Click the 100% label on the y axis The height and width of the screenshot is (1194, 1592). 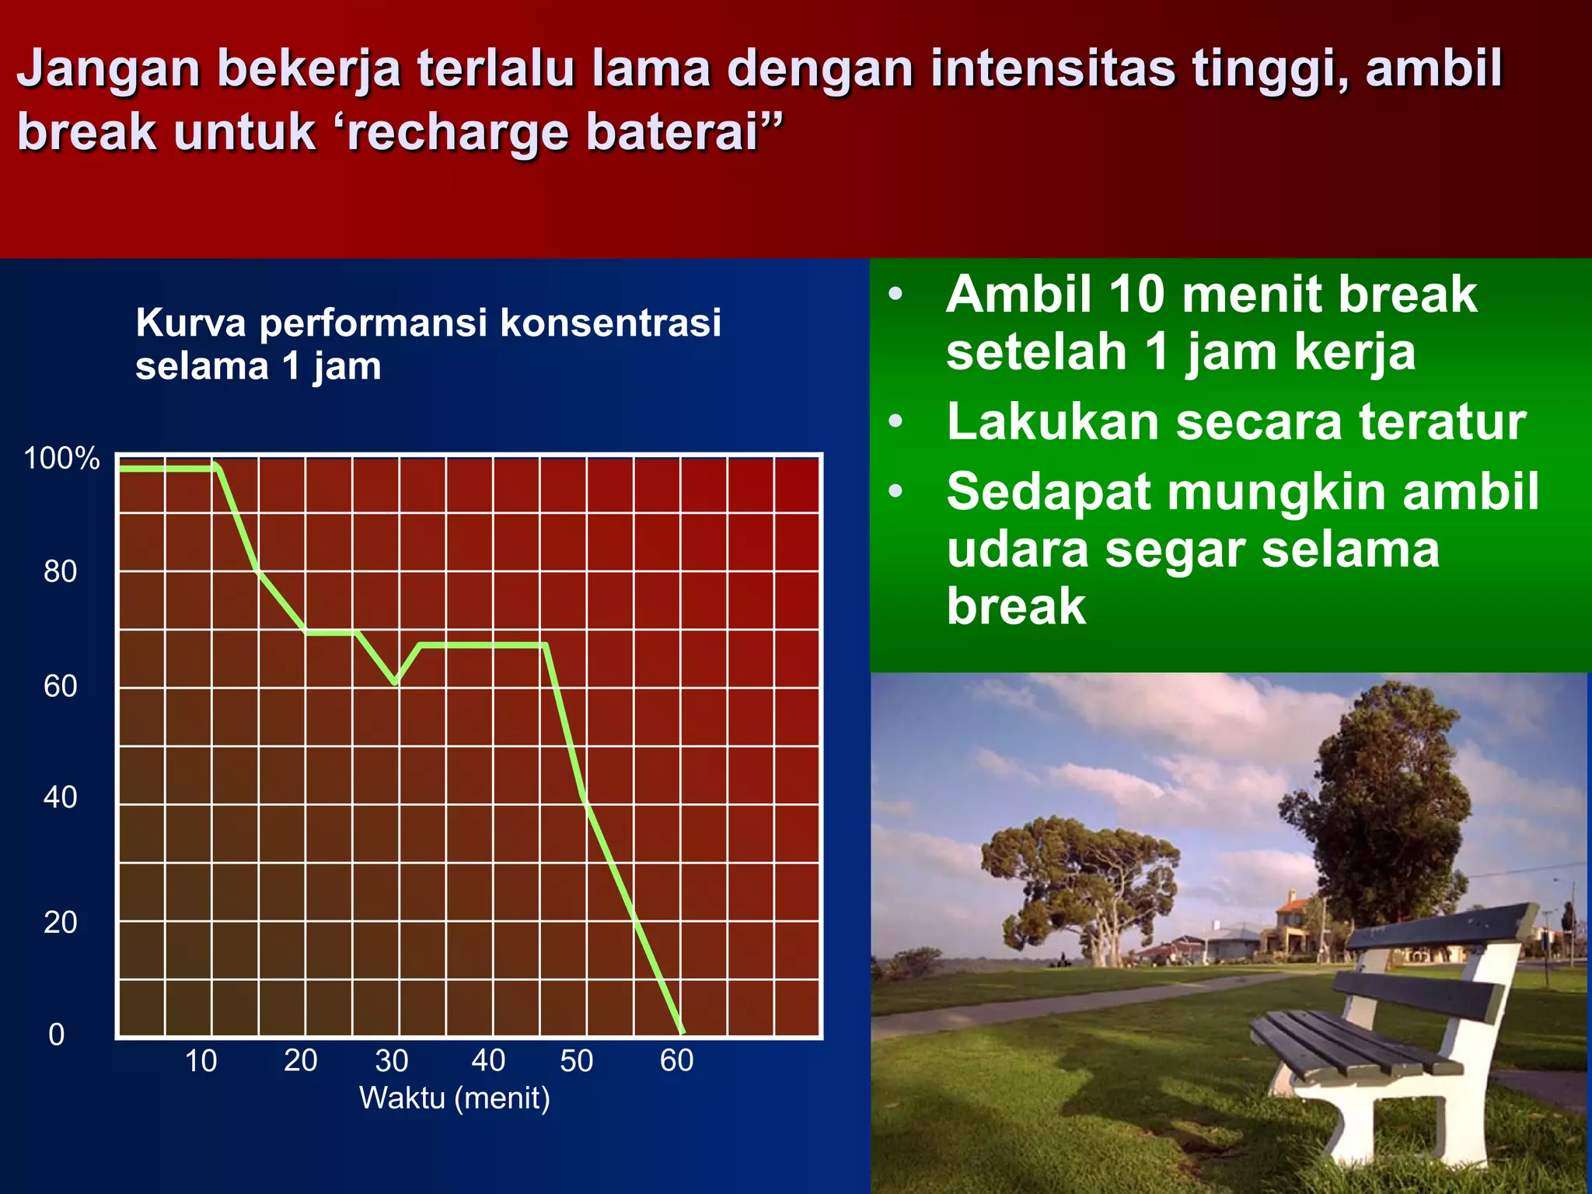point(61,459)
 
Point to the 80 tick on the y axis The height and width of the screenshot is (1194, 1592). point(60,572)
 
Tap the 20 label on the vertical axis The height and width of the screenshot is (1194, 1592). point(60,923)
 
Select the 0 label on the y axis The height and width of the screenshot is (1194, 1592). point(56,1035)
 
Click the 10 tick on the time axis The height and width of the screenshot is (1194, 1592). point(201,1061)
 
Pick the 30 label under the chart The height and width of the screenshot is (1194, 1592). point(391,1061)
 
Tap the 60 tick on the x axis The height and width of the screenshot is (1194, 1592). point(676,1061)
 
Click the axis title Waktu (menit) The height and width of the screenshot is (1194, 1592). point(454,1098)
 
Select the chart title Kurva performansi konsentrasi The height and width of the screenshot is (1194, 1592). point(428,323)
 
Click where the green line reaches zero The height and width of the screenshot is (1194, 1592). point(682,1032)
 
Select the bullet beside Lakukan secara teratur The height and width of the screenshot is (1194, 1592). point(895,421)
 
